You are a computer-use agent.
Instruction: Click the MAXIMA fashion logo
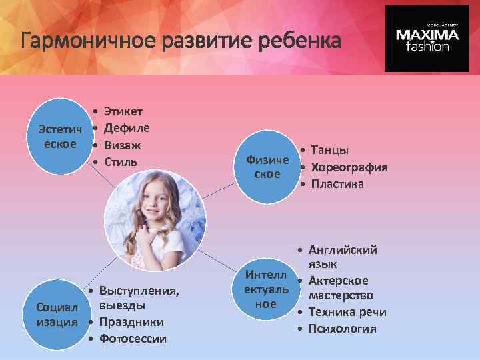coord(427,38)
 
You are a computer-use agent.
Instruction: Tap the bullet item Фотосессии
coord(132,339)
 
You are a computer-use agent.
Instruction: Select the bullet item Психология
coord(342,329)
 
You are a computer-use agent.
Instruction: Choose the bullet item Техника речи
coord(347,312)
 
